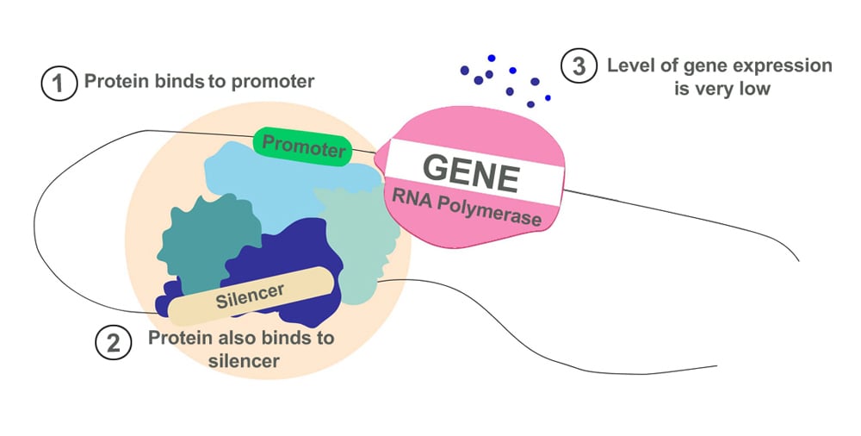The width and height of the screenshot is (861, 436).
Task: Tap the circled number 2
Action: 112,343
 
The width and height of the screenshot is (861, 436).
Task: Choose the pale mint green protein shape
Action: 357,233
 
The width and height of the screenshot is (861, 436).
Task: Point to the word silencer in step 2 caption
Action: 244,361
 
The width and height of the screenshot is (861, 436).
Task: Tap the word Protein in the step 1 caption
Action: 112,83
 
